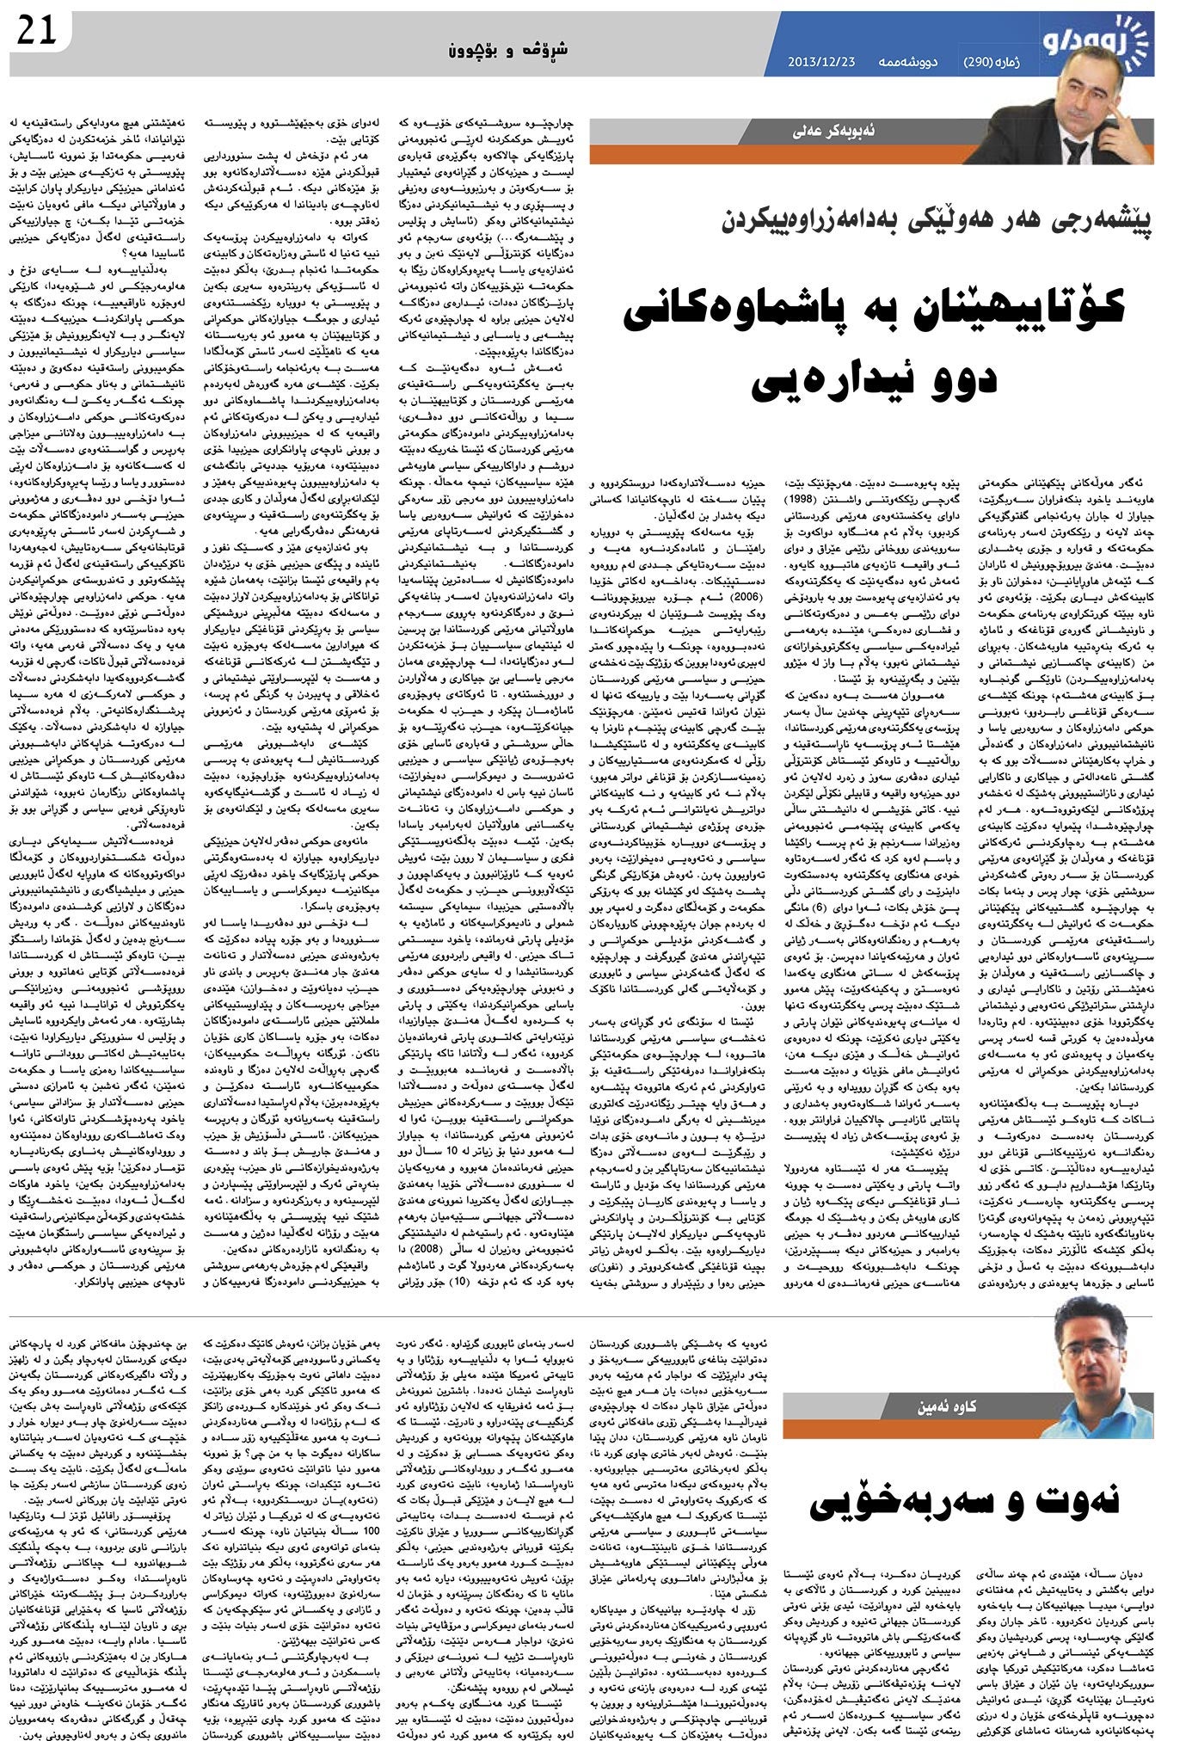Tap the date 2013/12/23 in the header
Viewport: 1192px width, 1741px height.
(820, 61)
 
